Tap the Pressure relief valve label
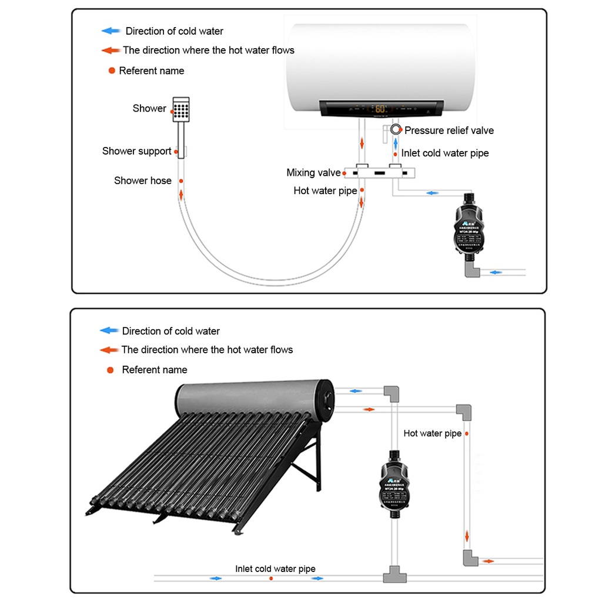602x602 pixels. pyautogui.click(x=449, y=131)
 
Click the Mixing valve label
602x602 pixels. pyautogui.click(x=313, y=173)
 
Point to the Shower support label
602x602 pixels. pyautogui.click(x=136, y=151)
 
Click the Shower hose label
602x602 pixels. pyautogui.click(x=143, y=180)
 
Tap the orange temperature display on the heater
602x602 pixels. pyautogui.click(x=380, y=109)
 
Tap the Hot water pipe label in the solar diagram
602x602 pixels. pyautogui.click(x=432, y=434)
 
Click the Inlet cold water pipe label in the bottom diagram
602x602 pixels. pyautogui.click(x=275, y=569)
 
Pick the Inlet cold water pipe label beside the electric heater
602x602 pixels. pyautogui.click(x=445, y=153)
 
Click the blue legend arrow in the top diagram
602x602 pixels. pyautogui.click(x=111, y=31)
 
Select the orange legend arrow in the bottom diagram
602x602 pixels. pyautogui.click(x=109, y=350)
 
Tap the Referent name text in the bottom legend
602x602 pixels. pyautogui.click(x=155, y=370)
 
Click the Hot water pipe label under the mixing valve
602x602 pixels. pyautogui.click(x=325, y=191)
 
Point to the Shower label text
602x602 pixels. pyautogui.click(x=149, y=108)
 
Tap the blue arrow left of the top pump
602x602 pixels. pyautogui.click(x=432, y=193)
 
